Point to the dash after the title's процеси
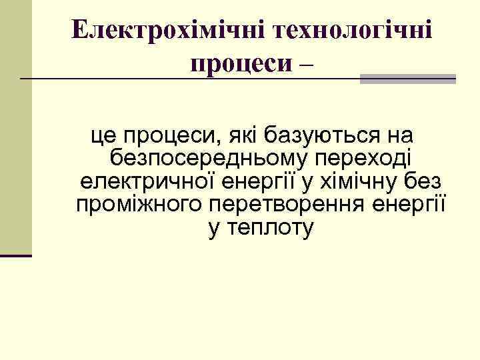[x=307, y=64]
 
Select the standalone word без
[x=427, y=183]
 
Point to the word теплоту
[x=271, y=229]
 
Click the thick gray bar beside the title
[x=407, y=79]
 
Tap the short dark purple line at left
[x=16, y=255]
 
